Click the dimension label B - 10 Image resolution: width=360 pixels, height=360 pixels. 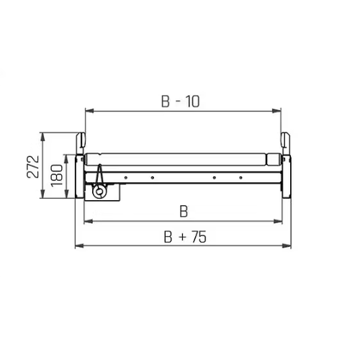180,102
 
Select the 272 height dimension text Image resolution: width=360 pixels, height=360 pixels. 33,167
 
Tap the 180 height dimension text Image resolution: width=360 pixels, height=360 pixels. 57,175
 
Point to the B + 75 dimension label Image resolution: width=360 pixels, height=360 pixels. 185,237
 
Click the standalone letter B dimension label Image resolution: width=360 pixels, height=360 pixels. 184,212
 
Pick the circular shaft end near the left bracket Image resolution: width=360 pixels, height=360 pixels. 99,192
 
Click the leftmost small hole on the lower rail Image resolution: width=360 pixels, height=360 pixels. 125,178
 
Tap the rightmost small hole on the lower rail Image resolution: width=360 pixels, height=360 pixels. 240,178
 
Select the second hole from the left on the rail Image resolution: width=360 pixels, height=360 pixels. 152,178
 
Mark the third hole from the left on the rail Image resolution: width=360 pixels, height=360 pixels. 214,178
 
